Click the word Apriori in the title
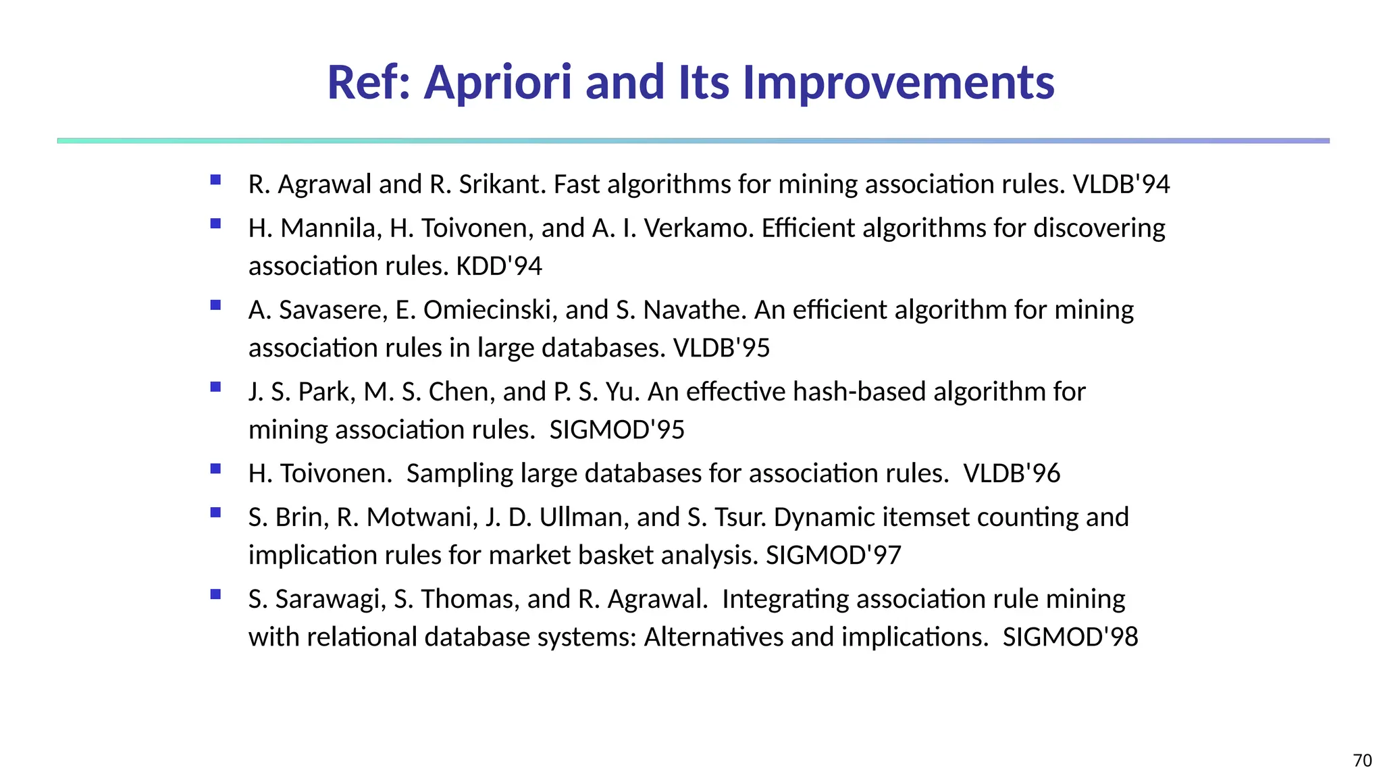498,82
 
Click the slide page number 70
1362,760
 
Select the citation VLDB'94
1121,184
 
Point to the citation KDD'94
499,266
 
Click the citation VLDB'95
722,348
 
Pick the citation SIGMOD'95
617,430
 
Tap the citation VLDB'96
1012,473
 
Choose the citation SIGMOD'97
833,555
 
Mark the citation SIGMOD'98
1070,637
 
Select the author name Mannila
331,228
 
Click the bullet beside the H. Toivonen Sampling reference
215,469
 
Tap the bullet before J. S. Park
215,387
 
